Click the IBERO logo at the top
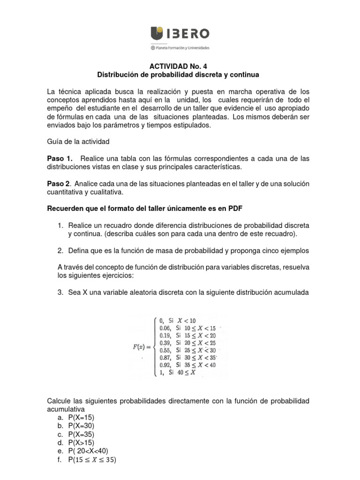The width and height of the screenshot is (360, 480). click(180, 34)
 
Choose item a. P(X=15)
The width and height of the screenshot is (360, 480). click(83, 418)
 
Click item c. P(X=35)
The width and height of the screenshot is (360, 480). click(83, 434)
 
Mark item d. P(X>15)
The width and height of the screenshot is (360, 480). click(83, 442)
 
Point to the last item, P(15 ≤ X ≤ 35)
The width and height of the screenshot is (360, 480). click(92, 460)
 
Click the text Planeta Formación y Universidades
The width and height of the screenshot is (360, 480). click(182, 48)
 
